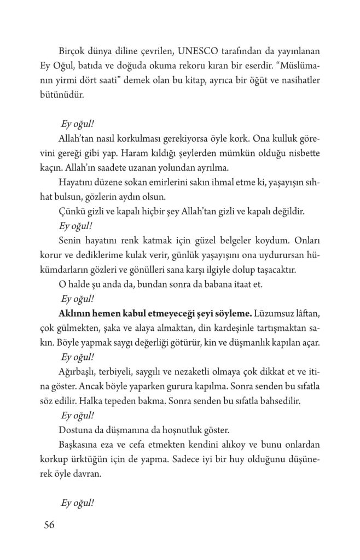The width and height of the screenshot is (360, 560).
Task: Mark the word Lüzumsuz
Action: (277, 314)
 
